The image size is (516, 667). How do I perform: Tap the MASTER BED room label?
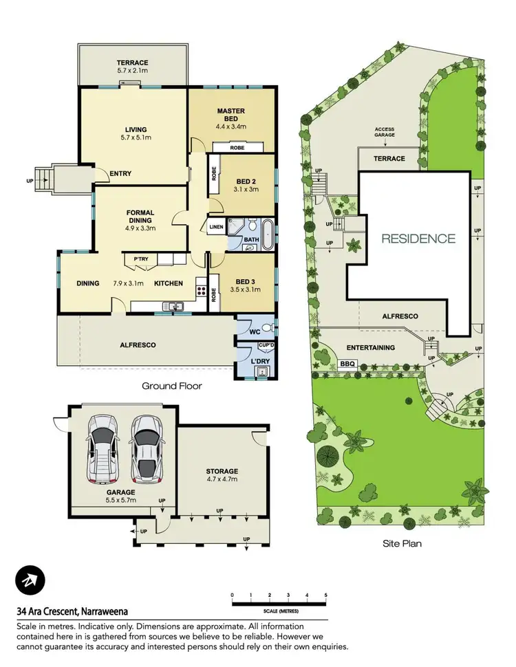coord(231,116)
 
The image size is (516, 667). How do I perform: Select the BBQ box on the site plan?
coord(348,364)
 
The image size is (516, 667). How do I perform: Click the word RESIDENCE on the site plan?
coord(418,239)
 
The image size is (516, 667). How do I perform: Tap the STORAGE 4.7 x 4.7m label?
coord(222,476)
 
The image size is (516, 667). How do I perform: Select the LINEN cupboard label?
coord(215,226)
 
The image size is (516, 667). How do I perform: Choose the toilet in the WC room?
coord(270,327)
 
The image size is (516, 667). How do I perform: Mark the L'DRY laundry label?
coord(260,361)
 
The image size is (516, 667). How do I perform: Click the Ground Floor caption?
coord(172,386)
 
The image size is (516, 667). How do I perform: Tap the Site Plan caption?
coord(402,543)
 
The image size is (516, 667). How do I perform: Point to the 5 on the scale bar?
coord(325,595)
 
